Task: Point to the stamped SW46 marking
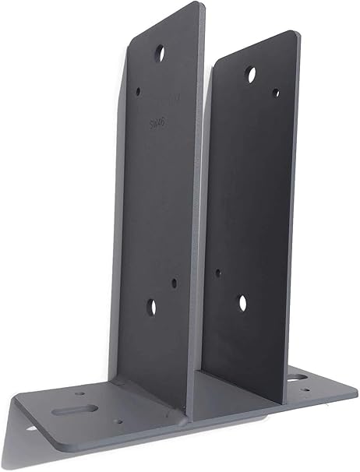point(157,122)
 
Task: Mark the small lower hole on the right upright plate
point(218,273)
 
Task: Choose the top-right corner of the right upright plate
point(293,33)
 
